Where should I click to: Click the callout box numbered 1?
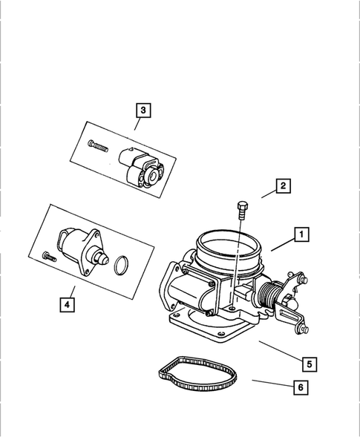pos(301,235)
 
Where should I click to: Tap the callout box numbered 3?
pos(143,111)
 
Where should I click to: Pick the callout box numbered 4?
pos(68,304)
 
